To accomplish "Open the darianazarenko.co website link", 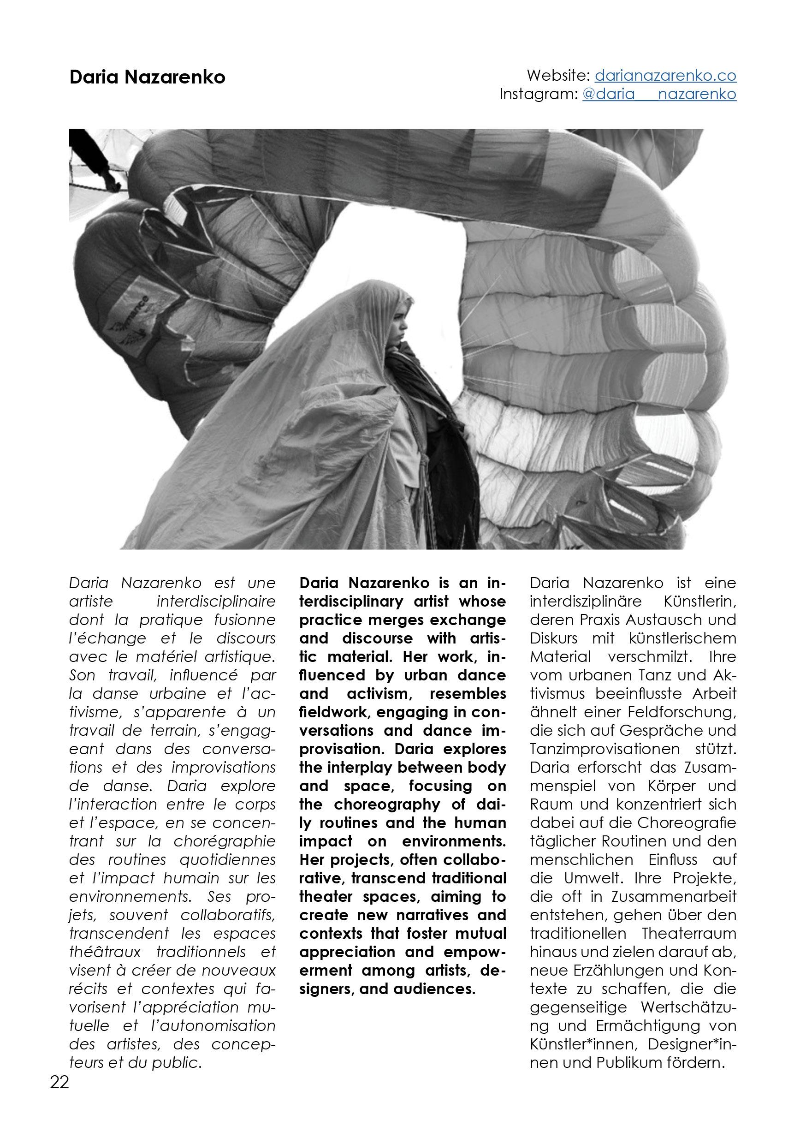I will [x=665, y=75].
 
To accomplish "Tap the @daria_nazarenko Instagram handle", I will [x=658, y=94].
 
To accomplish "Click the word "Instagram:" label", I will [x=538, y=94].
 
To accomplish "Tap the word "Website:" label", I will [x=558, y=75].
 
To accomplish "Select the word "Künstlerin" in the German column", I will [x=699, y=602].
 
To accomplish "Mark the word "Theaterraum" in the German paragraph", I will [x=688, y=934].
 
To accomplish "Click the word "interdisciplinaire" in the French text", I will [x=216, y=602].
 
